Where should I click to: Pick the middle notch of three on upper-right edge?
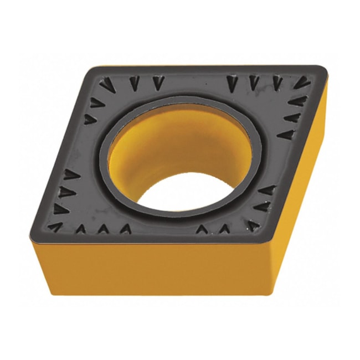pos(292,117)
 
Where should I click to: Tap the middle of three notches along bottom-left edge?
pos(103,228)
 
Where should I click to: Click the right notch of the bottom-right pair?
pos(224,228)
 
